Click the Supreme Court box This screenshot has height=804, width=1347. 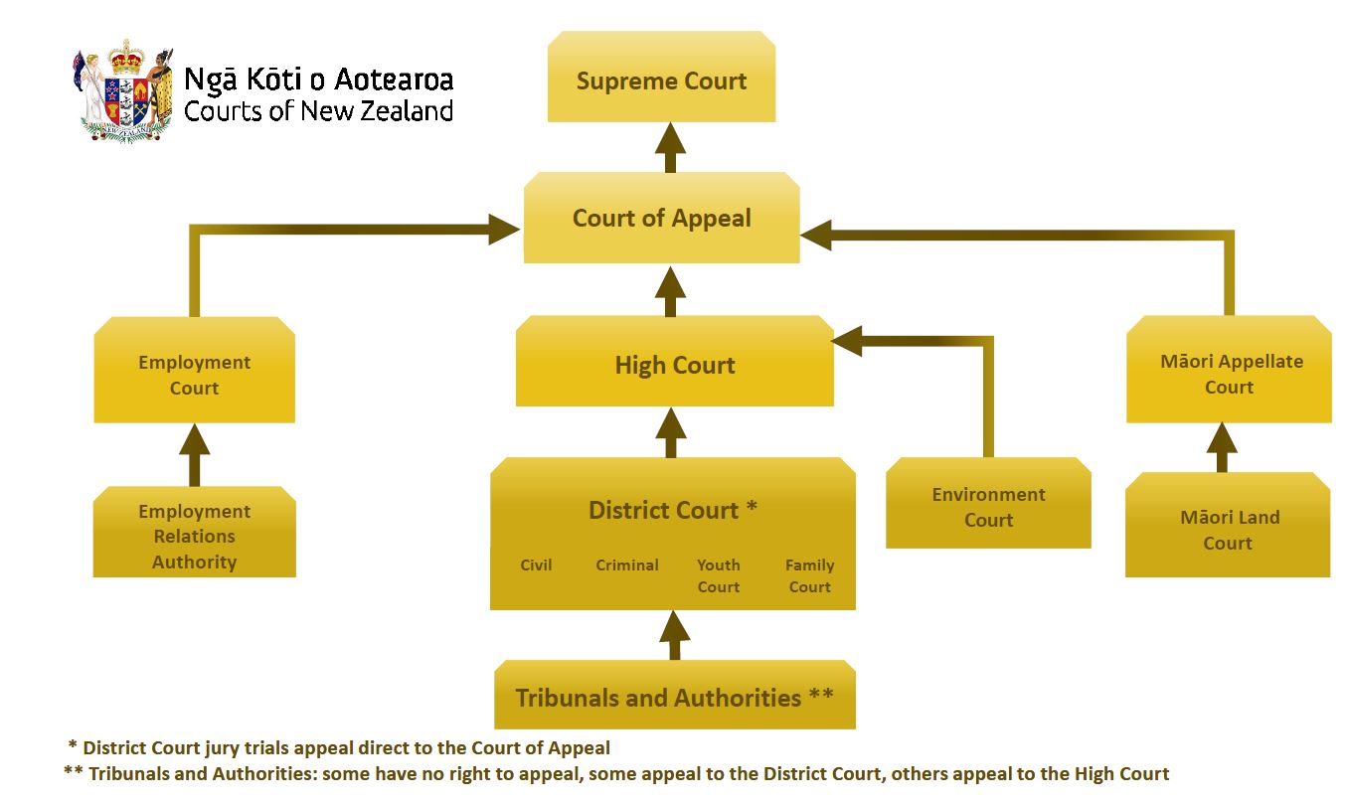click(x=661, y=80)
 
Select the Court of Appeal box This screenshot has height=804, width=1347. click(x=661, y=219)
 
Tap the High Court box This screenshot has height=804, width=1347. click(x=674, y=364)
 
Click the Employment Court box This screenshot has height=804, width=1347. click(x=194, y=375)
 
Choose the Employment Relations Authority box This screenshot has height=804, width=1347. click(x=194, y=536)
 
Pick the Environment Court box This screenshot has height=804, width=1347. click(x=988, y=506)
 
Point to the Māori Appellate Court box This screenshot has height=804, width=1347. click(x=1229, y=374)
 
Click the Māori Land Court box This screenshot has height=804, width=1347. click(x=1228, y=529)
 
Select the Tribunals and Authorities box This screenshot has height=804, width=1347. click(x=674, y=697)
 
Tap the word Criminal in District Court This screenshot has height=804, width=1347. click(x=626, y=564)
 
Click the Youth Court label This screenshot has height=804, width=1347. click(x=718, y=575)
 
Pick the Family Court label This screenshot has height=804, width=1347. click(x=809, y=575)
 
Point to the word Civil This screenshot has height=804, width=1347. click(x=536, y=564)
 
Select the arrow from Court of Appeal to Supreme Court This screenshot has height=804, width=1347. click(x=671, y=147)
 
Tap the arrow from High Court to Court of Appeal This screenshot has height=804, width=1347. click(x=671, y=290)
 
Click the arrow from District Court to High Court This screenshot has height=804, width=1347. click(x=671, y=431)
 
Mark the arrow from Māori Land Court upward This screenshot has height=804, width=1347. click(x=1222, y=447)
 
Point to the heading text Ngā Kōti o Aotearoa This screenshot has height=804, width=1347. click(x=318, y=79)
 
